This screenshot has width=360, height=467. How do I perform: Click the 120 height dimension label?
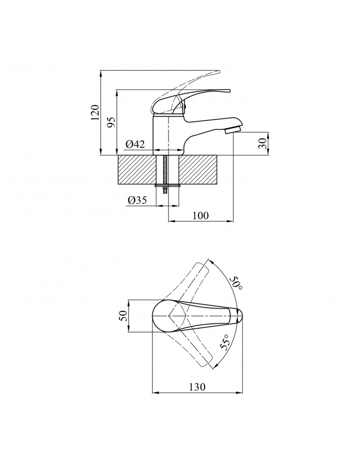(95, 112)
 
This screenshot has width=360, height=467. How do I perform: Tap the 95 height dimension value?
(111, 122)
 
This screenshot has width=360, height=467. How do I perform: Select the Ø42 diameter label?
(135, 144)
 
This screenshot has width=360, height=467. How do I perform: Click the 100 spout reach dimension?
(200, 215)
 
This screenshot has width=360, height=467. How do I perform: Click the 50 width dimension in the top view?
(123, 316)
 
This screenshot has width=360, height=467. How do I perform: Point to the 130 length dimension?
(197, 387)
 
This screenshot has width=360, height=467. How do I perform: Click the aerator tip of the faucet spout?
(232, 129)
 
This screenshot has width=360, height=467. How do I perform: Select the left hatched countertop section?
(137, 170)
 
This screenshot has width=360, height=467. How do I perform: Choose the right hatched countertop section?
(198, 170)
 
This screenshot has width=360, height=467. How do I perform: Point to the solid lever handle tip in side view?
(229, 90)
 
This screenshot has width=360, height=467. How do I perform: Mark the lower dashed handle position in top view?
(191, 342)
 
